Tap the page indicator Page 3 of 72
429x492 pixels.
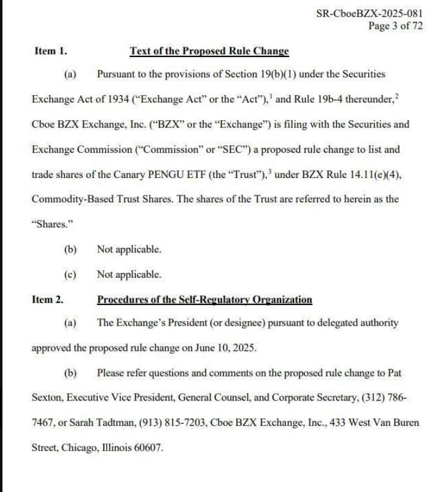[x=395, y=26]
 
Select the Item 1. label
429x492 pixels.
[x=50, y=52]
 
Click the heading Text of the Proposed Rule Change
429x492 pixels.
[x=209, y=52]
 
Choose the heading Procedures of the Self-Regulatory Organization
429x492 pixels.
[x=204, y=299]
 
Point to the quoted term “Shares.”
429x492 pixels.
[x=48, y=225]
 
